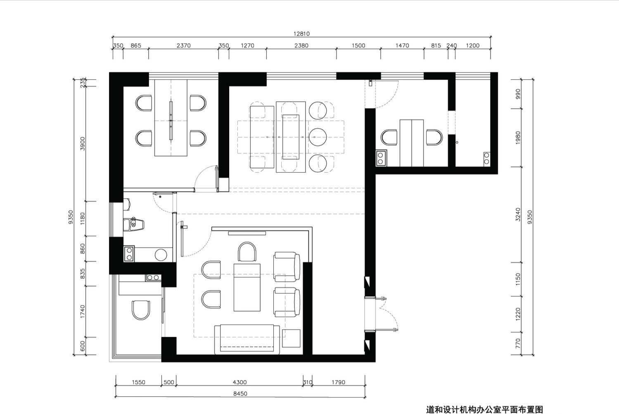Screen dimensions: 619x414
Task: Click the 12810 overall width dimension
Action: (x=301, y=34)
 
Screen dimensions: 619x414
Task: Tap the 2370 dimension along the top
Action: (x=183, y=45)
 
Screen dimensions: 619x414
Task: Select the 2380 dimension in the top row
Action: (x=301, y=45)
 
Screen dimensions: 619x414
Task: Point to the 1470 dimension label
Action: (x=402, y=45)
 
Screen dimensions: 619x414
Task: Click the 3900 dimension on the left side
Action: (x=82, y=144)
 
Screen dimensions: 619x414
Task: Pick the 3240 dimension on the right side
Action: (x=518, y=214)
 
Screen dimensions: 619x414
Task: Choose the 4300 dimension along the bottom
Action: (x=240, y=382)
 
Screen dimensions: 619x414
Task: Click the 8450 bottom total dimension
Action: (x=240, y=393)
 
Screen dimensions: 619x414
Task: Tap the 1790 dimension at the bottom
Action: (x=338, y=382)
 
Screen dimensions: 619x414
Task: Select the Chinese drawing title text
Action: (x=484, y=409)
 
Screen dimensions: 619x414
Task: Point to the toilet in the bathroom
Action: (x=134, y=224)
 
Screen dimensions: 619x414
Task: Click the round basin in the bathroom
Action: (x=161, y=255)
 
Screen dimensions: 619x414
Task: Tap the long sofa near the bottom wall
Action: (x=247, y=339)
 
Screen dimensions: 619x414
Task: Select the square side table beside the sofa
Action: (x=291, y=338)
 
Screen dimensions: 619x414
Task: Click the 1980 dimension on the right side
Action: (x=518, y=137)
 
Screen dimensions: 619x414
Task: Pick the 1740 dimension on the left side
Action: (x=82, y=311)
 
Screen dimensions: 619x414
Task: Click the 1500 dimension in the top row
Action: (x=358, y=45)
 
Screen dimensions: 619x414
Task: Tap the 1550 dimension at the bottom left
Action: (x=138, y=382)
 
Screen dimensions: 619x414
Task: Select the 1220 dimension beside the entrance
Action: (x=518, y=314)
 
